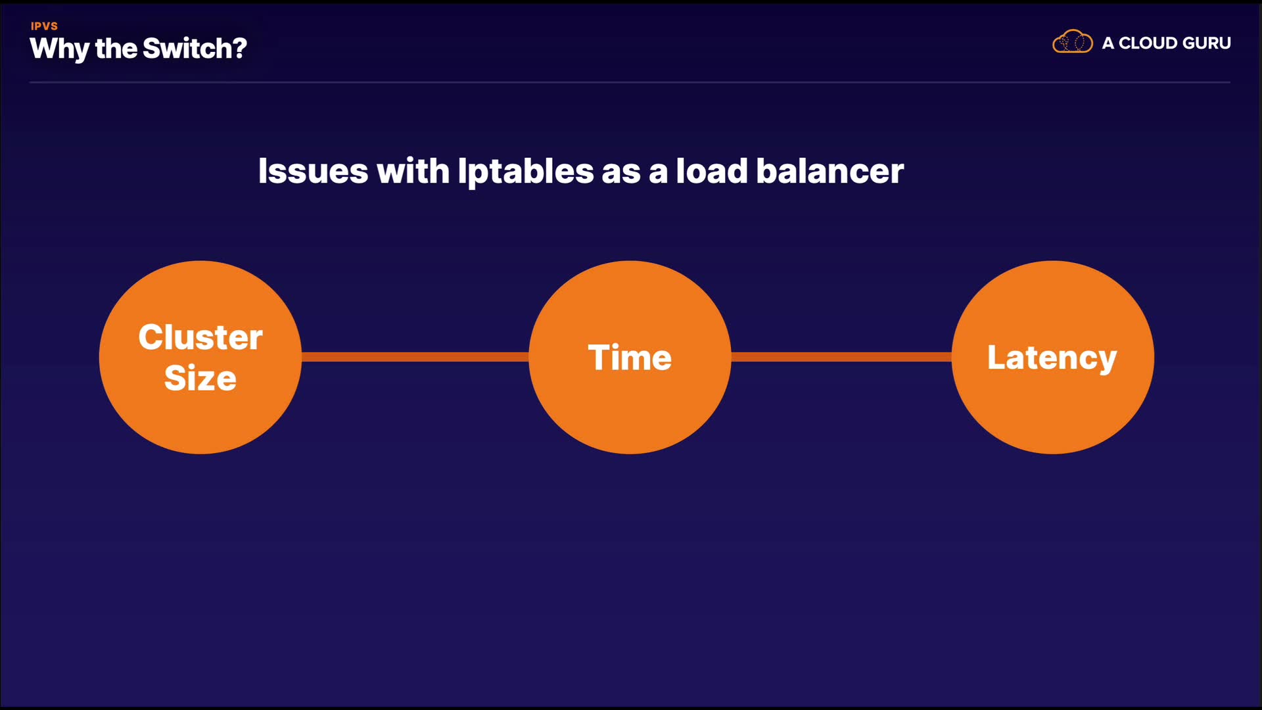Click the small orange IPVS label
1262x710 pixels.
click(44, 26)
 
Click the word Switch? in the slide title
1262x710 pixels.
click(195, 49)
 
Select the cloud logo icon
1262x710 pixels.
click(1072, 42)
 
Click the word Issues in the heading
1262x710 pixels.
click(313, 172)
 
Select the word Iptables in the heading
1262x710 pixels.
click(526, 172)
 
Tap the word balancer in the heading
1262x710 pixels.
click(830, 172)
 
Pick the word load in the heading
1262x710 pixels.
click(712, 172)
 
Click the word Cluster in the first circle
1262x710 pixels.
click(200, 337)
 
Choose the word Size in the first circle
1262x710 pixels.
click(200, 378)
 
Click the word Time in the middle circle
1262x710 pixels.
click(630, 358)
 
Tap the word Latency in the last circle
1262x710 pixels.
click(1052, 358)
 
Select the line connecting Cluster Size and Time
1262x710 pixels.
click(415, 357)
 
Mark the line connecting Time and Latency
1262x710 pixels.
click(841, 357)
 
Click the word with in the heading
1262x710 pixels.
click(413, 172)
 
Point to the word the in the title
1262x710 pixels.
click(116, 49)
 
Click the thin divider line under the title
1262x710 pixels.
click(630, 82)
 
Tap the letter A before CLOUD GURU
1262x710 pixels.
click(1108, 43)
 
